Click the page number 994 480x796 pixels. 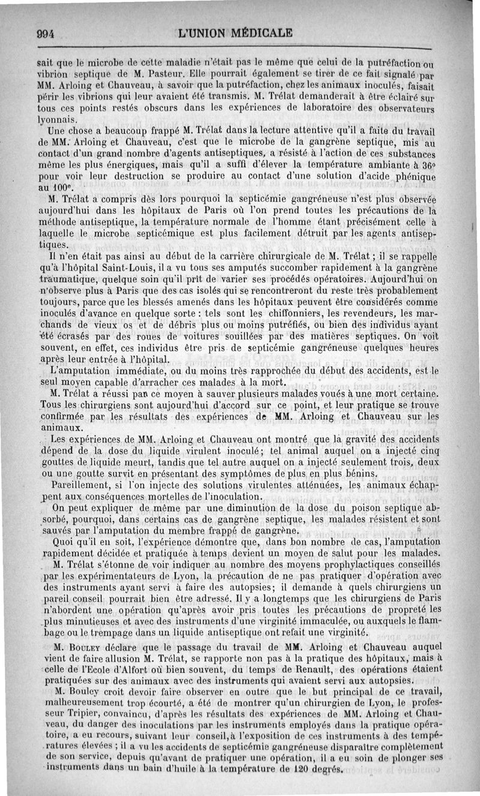click(x=45, y=33)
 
